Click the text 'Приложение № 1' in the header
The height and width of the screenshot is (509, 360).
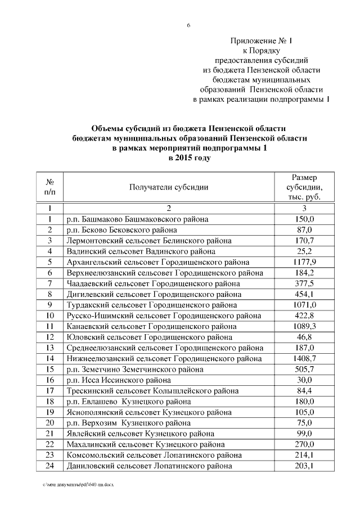tap(262, 40)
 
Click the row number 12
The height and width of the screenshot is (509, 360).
tap(50, 337)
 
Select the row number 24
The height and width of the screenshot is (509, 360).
tap(50, 466)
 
